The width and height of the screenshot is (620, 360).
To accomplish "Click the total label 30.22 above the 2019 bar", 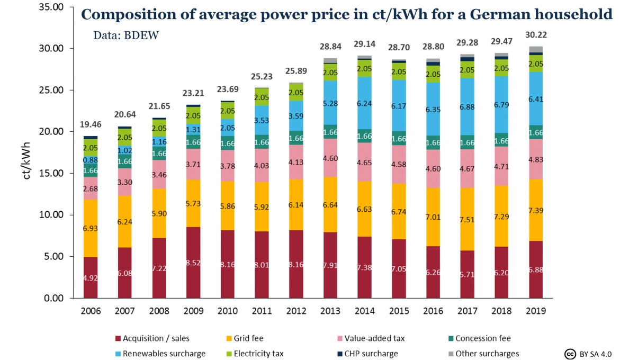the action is coord(536,35).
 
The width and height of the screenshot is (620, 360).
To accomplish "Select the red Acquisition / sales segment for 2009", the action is coord(193,263).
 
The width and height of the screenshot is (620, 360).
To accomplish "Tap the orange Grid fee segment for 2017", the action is coord(467,219).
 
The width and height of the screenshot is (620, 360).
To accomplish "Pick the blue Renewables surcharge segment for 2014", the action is coord(365,103).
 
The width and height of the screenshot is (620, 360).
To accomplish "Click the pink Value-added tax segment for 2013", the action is coord(330,158).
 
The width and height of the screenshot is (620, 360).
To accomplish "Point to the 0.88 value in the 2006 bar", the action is coord(91,160).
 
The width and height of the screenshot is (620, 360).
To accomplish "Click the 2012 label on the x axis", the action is coord(296,311).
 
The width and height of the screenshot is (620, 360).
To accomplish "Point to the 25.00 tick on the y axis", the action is coord(51,90).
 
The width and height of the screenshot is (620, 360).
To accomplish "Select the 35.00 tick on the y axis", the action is coord(51,7).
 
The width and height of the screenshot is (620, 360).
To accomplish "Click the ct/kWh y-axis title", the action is coord(26,161).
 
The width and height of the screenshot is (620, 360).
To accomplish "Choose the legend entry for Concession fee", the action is coord(479,338).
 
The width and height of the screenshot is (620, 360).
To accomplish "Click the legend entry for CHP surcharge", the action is coord(367,354).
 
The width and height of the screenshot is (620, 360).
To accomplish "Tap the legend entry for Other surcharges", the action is coord(483,354).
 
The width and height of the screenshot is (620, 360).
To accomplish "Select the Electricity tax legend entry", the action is coord(255,354).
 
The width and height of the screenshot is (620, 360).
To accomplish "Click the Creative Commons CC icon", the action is coord(570,354).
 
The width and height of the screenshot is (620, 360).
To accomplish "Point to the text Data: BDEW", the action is coord(125,35).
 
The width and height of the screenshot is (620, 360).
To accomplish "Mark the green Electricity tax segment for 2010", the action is coord(228,111).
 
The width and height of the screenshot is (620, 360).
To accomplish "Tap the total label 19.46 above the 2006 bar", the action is coord(91,124).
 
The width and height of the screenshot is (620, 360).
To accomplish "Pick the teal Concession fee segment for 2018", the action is coord(501,140).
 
